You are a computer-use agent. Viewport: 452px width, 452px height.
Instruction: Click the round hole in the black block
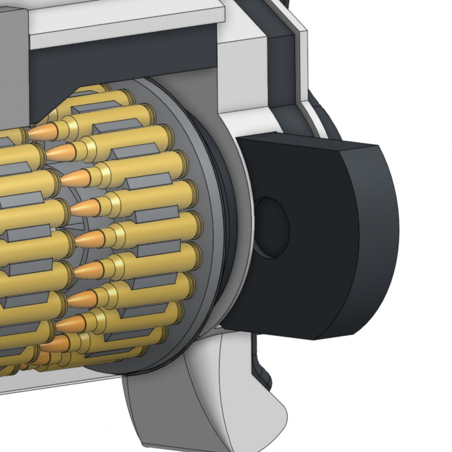click(x=272, y=227)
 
